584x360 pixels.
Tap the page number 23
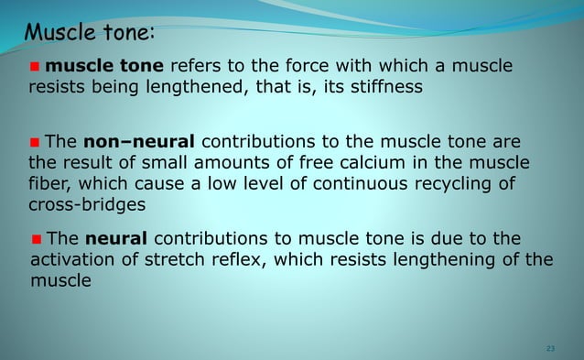tap(550, 349)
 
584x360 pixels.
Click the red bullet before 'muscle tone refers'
tap(36, 67)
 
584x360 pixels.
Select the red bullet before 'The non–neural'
tap(36, 143)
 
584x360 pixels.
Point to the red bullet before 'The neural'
tap(36, 239)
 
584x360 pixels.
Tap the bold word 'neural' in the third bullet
tap(115, 238)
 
